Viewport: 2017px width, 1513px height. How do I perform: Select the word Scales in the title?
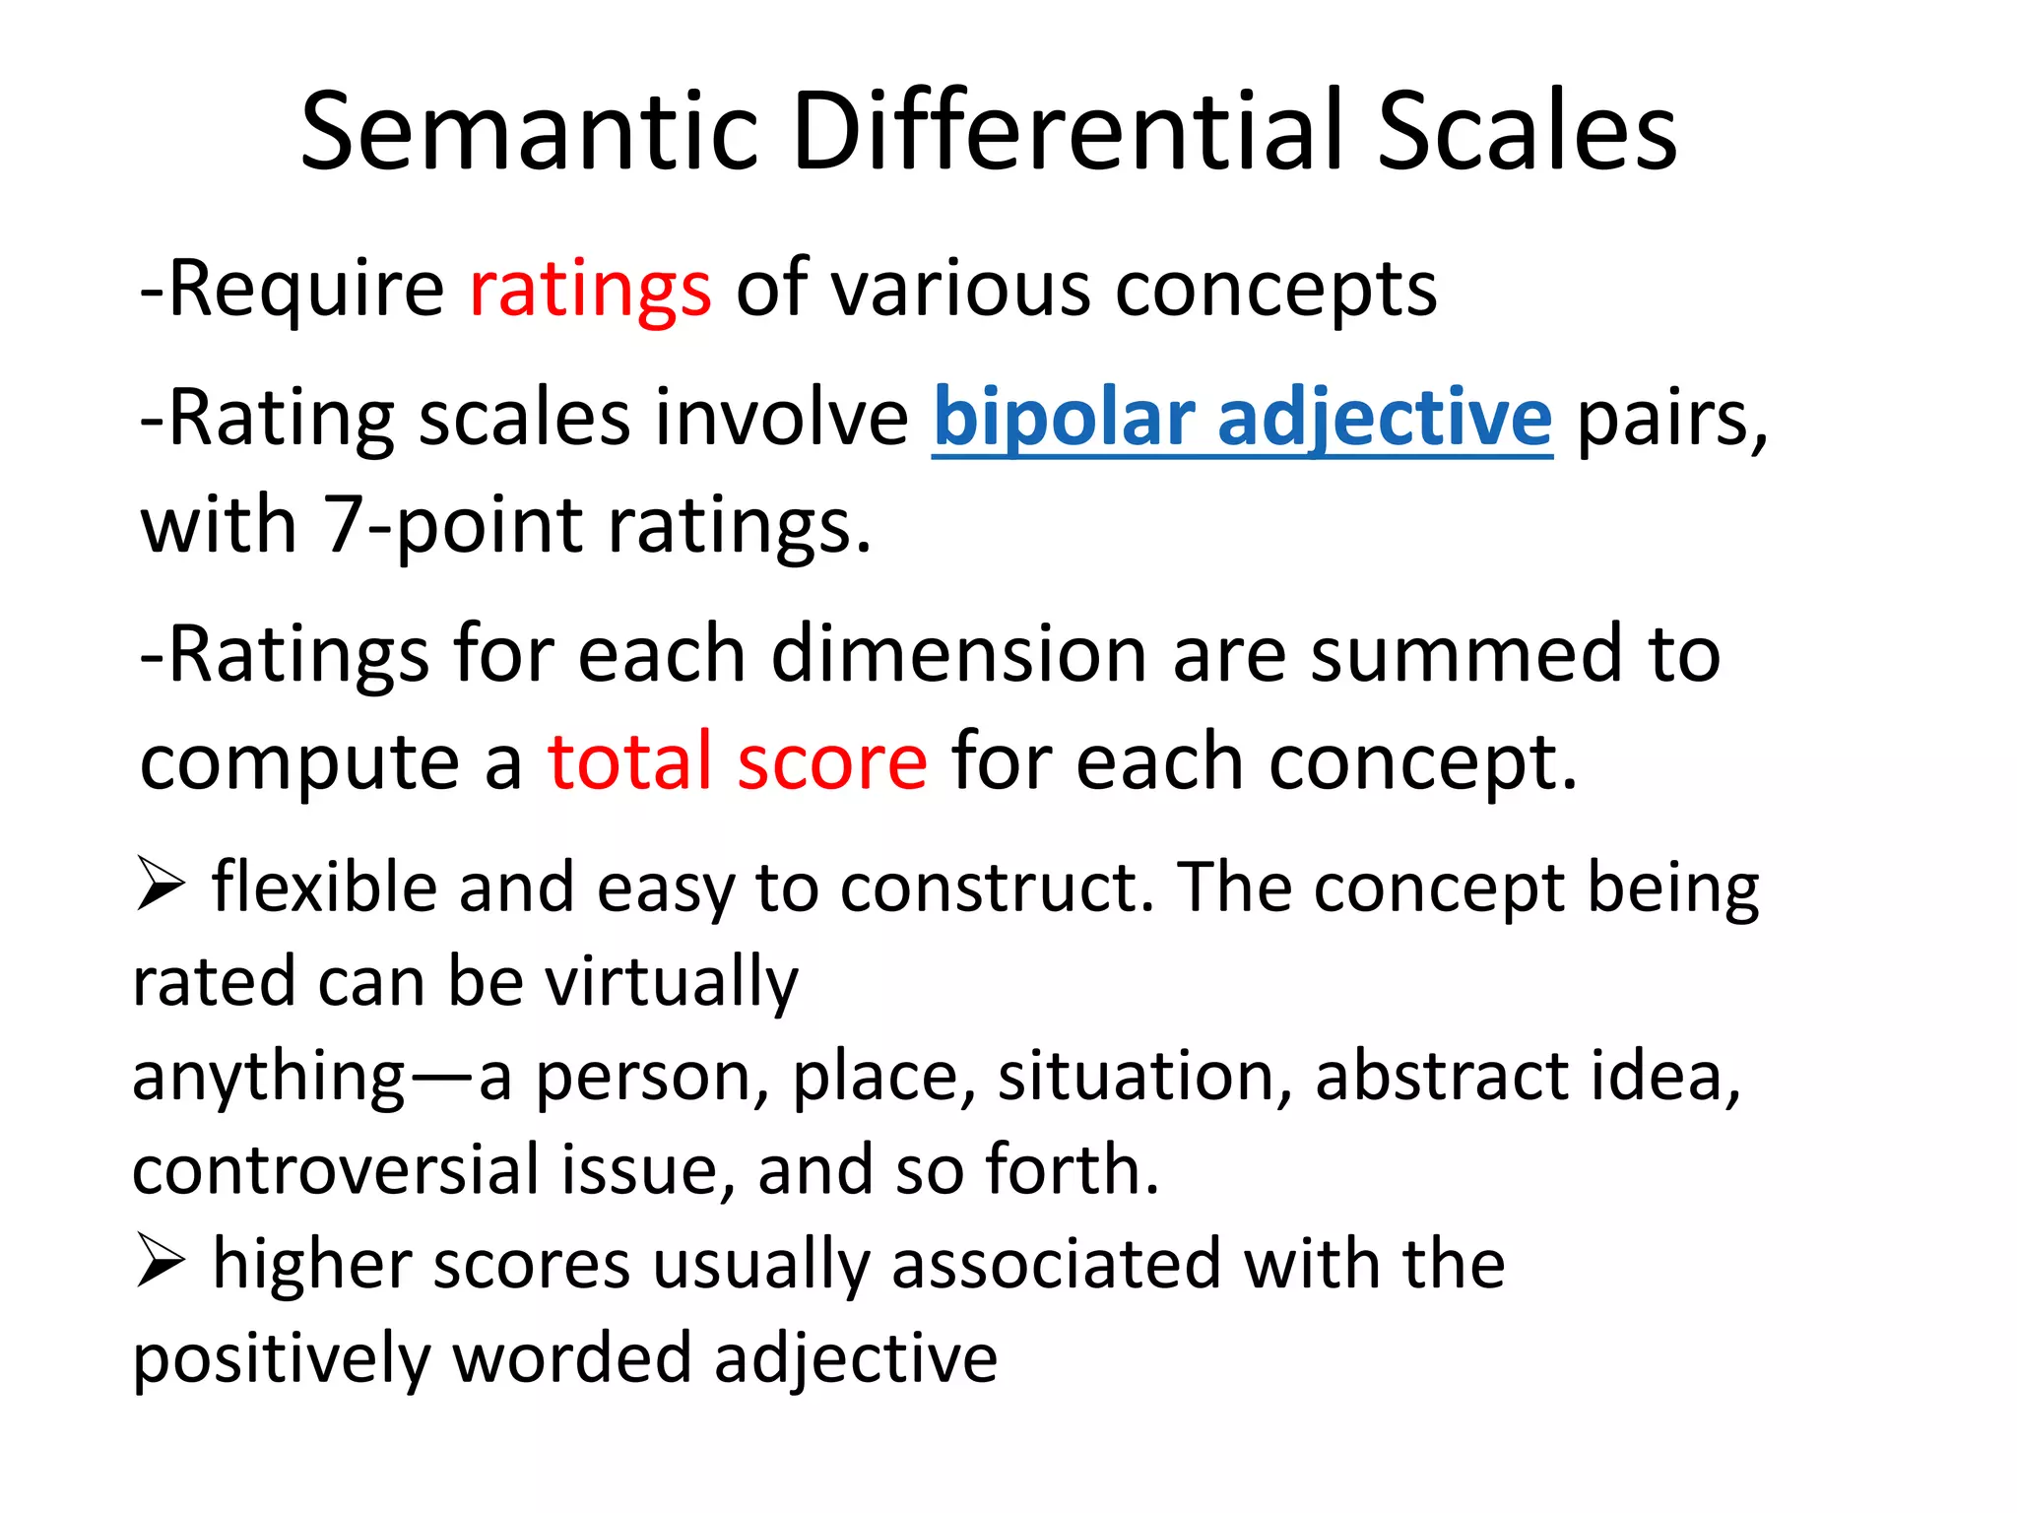click(1526, 133)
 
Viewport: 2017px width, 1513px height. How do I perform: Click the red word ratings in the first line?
click(590, 291)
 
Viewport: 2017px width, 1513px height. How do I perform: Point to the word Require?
click(306, 291)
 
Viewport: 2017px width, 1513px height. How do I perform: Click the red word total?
click(629, 762)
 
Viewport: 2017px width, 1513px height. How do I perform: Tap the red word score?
click(832, 764)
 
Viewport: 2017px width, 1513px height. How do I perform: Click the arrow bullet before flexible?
click(161, 883)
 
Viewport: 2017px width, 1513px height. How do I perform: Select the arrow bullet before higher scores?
click(161, 1260)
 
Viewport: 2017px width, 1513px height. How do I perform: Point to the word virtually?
click(672, 983)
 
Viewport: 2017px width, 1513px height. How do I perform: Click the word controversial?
click(334, 1170)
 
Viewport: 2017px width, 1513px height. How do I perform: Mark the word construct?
click(997, 888)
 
